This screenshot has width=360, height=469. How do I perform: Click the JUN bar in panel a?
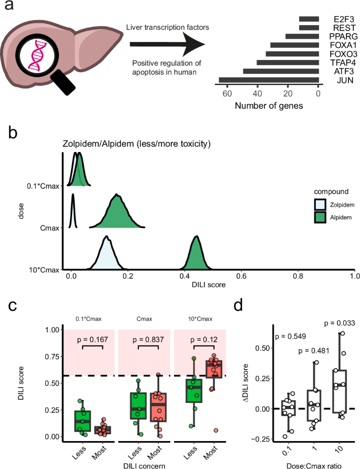269,80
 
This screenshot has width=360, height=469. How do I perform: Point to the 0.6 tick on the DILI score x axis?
241,276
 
